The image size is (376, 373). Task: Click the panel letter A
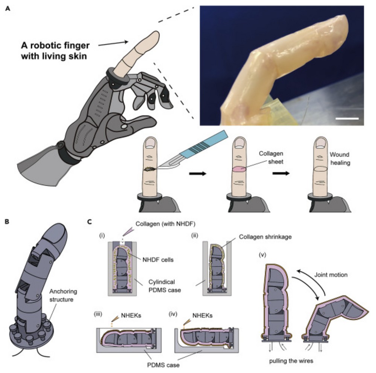8,9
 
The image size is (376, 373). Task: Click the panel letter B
7,222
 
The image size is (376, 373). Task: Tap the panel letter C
89,222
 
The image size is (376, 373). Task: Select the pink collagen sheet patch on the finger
239,169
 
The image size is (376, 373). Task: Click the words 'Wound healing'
340,159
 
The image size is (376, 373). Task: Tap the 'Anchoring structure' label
63,295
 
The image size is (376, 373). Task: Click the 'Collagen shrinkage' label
265,237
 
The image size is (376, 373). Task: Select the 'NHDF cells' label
158,260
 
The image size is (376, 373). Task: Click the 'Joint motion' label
331,275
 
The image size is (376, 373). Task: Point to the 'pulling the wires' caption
291,361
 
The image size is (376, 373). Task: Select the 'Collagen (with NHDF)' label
165,224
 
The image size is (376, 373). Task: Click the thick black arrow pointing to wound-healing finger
281,173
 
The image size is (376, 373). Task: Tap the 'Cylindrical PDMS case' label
165,286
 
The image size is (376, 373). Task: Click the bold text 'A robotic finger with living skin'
55,51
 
